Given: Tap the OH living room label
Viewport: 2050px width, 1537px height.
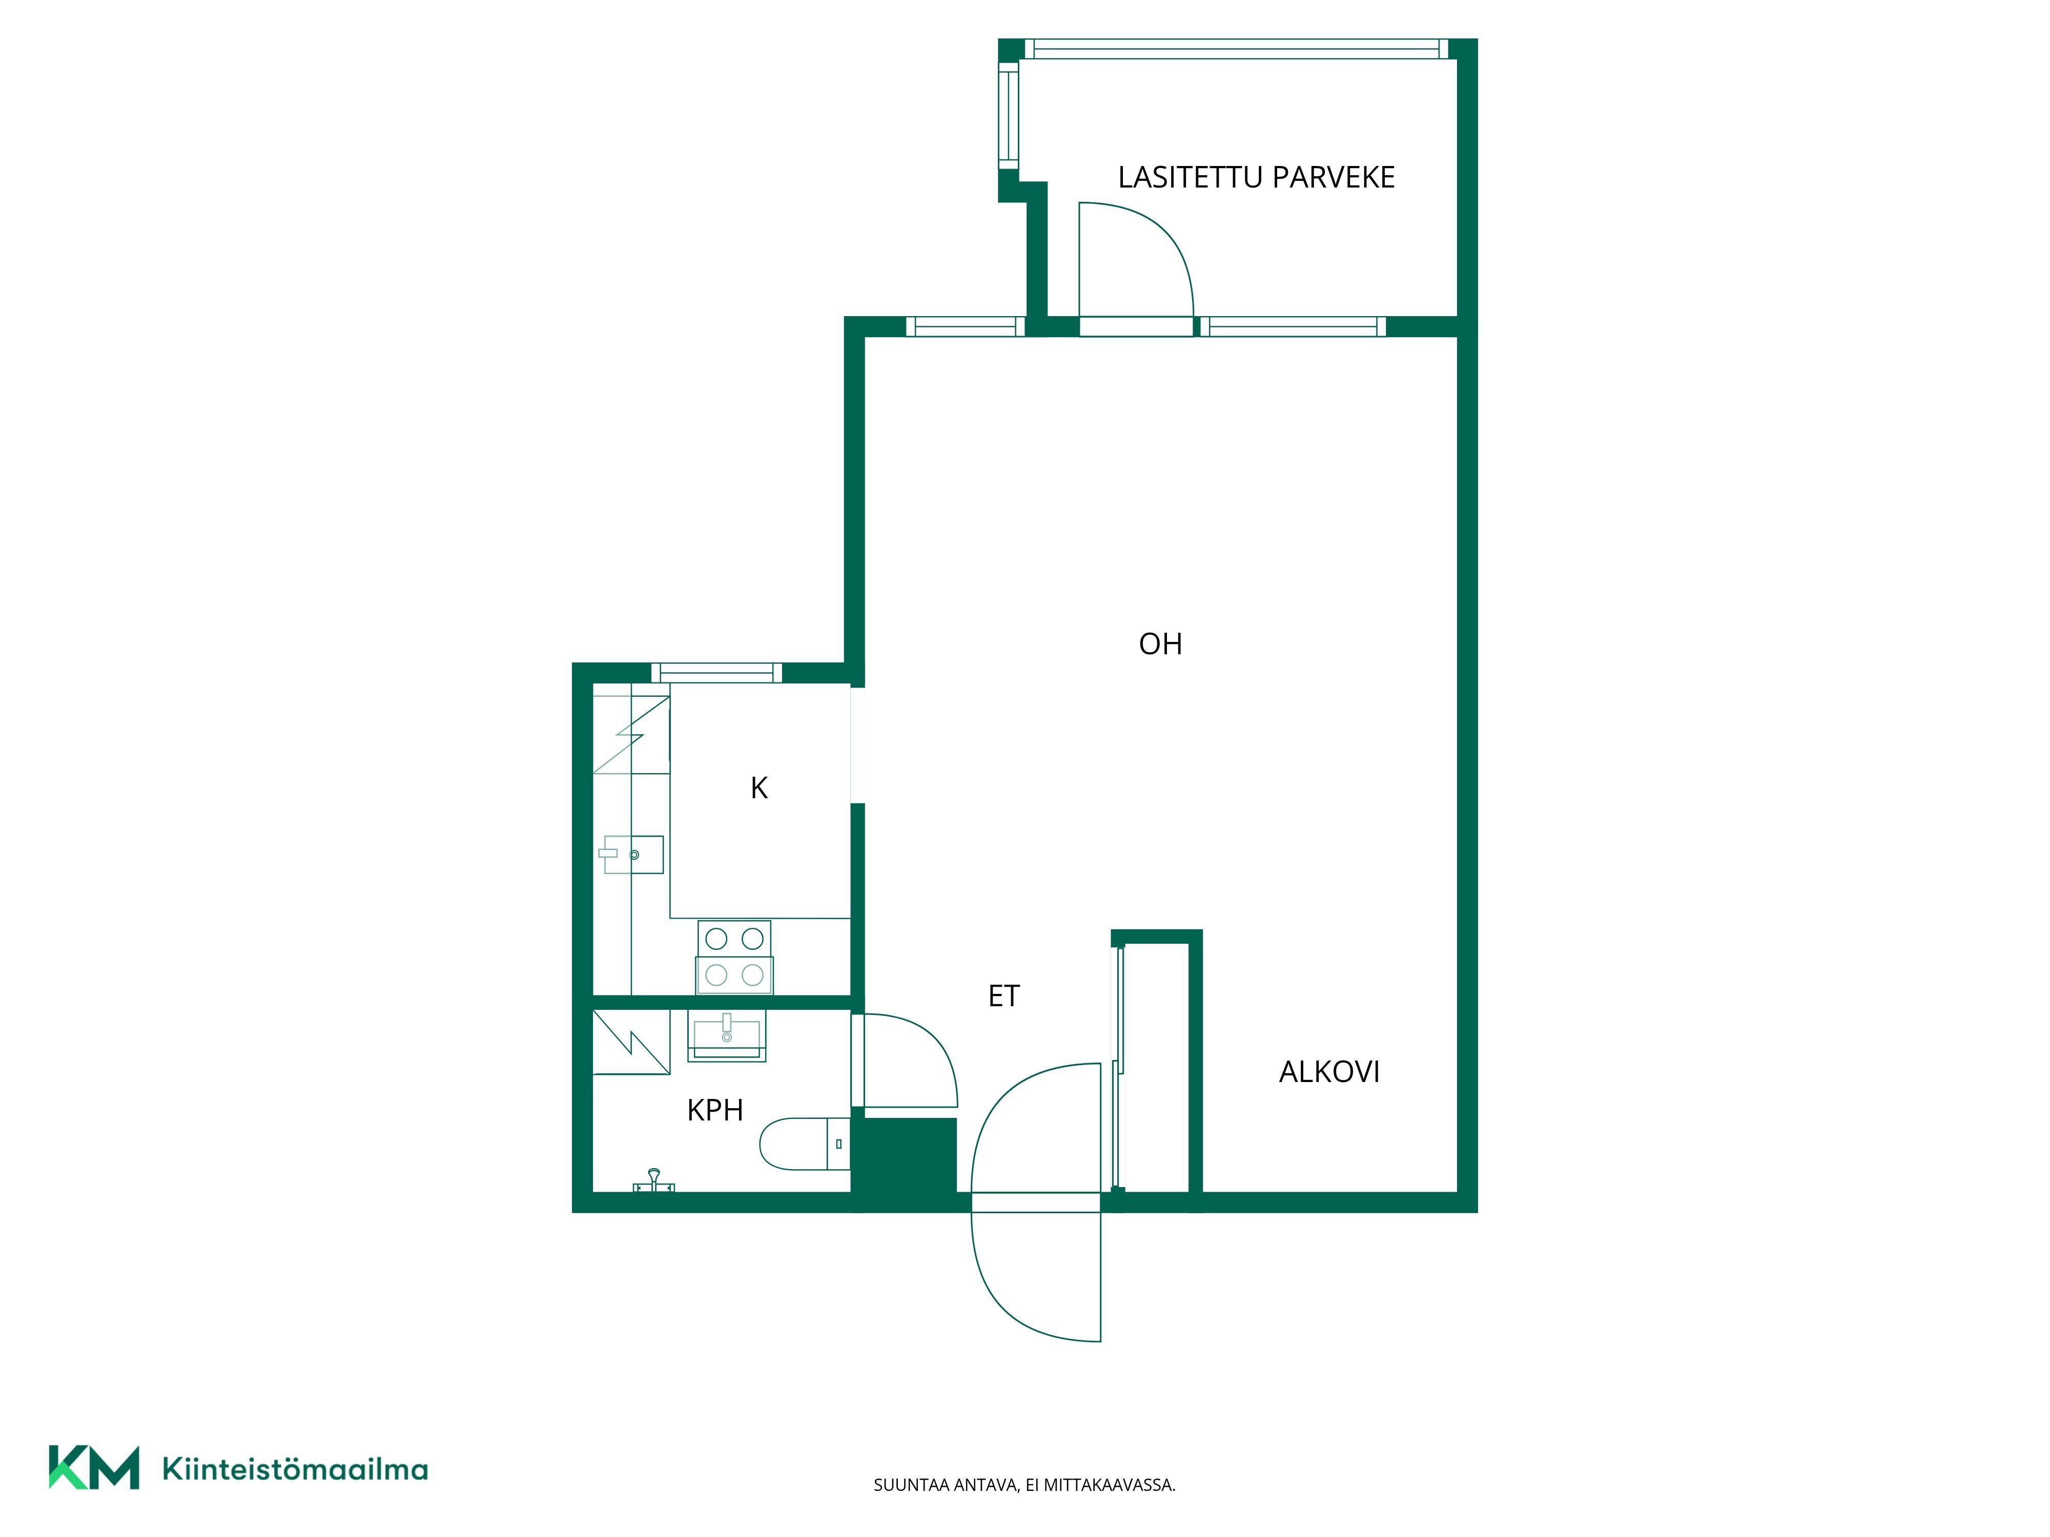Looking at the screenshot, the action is pos(1160,644).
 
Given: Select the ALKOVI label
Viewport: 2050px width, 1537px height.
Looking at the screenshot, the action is pos(1329,1072).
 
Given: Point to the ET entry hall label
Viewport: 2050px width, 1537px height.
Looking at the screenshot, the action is pos(1003,996).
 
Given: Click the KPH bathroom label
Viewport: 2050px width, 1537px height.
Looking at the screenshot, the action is pos(714,1110).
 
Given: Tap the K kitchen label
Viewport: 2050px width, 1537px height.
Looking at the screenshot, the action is pos(759,788).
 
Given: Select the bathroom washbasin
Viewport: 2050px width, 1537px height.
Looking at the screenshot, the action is pos(727,1036).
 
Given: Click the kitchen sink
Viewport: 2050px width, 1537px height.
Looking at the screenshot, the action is pos(632,854).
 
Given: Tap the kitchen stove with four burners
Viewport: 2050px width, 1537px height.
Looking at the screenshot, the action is pos(734,957).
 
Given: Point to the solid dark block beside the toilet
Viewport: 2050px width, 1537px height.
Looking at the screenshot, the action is pos(905,1165).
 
